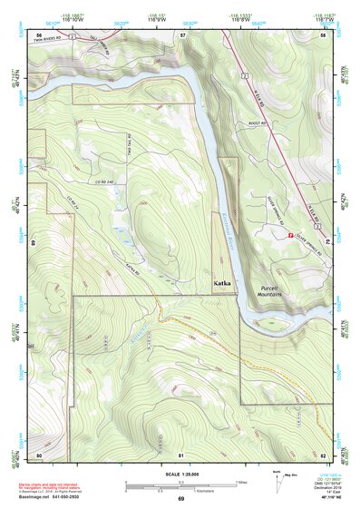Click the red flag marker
(x=290, y=235)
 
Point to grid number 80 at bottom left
(x=39, y=453)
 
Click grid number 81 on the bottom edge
(x=181, y=453)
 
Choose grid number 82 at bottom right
(x=323, y=453)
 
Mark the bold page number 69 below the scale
(x=180, y=499)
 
